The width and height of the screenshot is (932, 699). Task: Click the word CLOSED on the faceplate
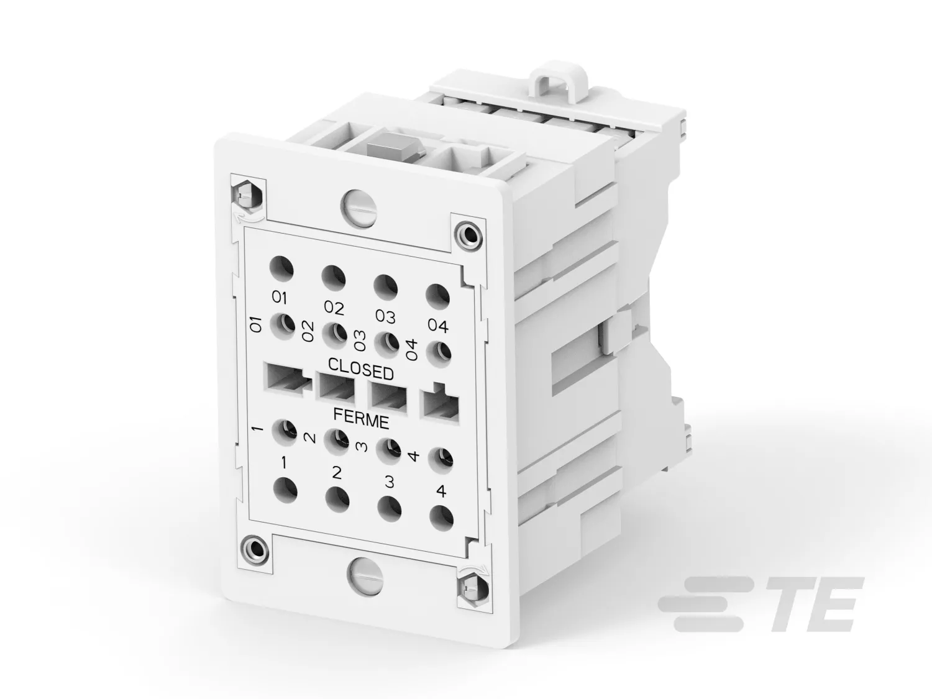click(x=361, y=369)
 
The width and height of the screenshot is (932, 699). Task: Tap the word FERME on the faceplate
click(x=361, y=418)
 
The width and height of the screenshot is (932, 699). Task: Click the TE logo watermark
click(x=760, y=605)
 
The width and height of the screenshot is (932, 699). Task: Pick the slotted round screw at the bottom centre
click(x=365, y=573)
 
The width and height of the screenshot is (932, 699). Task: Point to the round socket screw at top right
click(x=469, y=233)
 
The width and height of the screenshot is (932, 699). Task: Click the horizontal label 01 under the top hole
click(x=280, y=298)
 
